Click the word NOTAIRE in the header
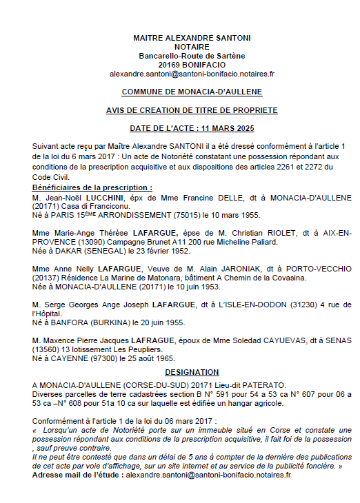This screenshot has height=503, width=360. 192,46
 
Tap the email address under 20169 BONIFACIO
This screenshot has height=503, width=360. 192,73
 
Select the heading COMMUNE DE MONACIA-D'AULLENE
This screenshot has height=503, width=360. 192,92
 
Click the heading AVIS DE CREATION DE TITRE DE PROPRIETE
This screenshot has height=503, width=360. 192,110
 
